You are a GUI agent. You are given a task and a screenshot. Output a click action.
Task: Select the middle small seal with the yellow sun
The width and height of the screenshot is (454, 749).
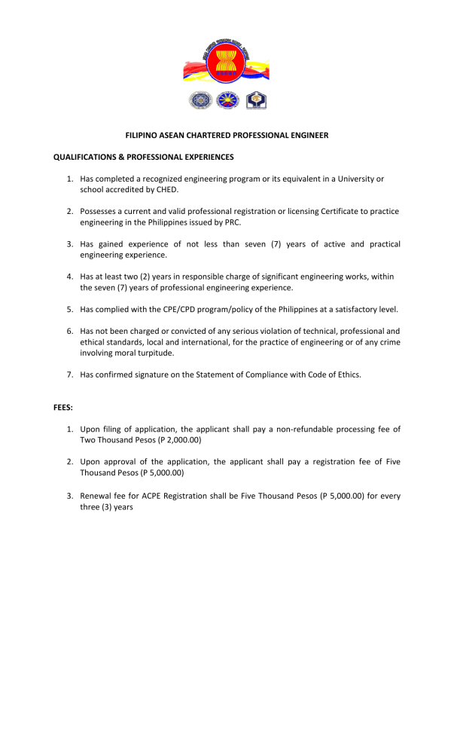[x=226, y=100]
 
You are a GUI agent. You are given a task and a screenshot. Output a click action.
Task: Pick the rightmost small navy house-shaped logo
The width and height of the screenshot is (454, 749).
[x=256, y=100]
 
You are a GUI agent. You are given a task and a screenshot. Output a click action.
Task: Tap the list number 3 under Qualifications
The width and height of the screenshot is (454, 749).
[x=69, y=244]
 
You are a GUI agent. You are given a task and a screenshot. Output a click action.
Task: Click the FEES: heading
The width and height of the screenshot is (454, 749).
[x=63, y=408]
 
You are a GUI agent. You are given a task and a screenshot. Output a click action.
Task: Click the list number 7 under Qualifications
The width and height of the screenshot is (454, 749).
[x=69, y=374]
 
